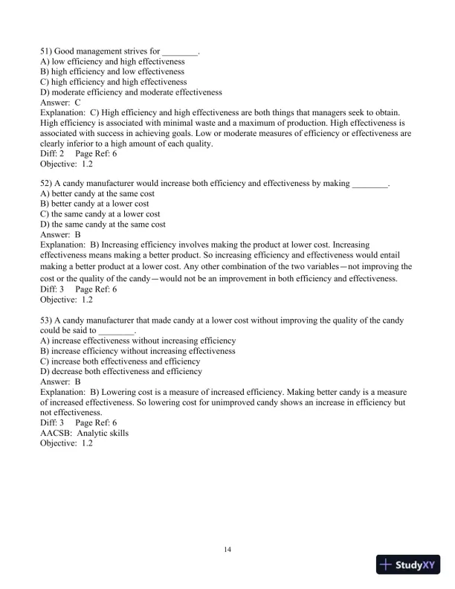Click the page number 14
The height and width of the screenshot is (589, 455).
click(x=227, y=550)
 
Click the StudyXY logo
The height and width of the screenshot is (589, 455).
click(x=409, y=565)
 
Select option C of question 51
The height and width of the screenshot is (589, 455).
click(x=113, y=82)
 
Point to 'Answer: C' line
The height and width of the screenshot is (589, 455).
click(x=60, y=103)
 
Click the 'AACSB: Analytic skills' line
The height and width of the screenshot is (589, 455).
click(x=84, y=433)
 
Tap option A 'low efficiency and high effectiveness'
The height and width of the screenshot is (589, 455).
click(x=112, y=62)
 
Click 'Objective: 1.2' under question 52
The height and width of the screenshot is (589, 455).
click(x=66, y=300)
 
